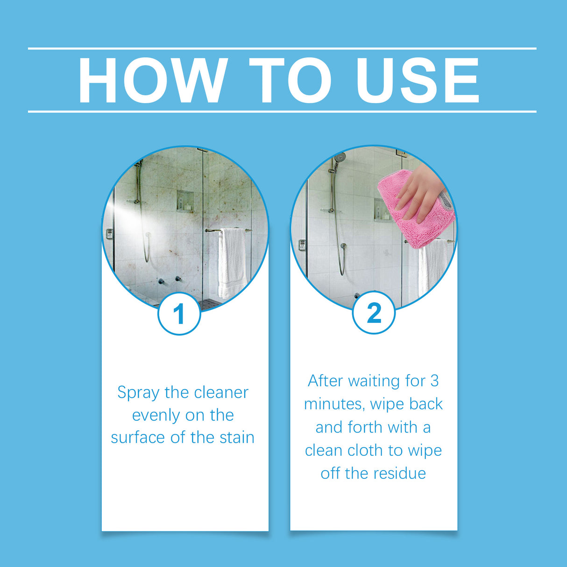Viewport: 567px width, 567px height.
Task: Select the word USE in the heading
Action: [x=417, y=80]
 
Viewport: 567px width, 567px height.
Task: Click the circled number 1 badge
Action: [x=179, y=314]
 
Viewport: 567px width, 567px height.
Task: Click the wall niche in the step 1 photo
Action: [x=185, y=201]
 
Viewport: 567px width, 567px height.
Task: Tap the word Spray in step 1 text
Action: [x=138, y=393]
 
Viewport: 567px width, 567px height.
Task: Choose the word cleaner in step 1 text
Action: [x=221, y=393]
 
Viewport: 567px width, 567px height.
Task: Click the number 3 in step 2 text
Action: [x=434, y=381]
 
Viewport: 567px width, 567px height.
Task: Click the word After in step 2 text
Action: [x=325, y=381]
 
